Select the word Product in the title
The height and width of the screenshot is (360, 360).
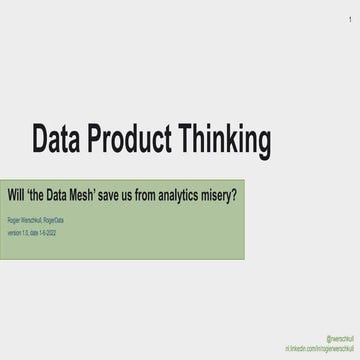(x=139, y=139)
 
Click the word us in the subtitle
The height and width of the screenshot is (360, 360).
(x=148, y=195)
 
